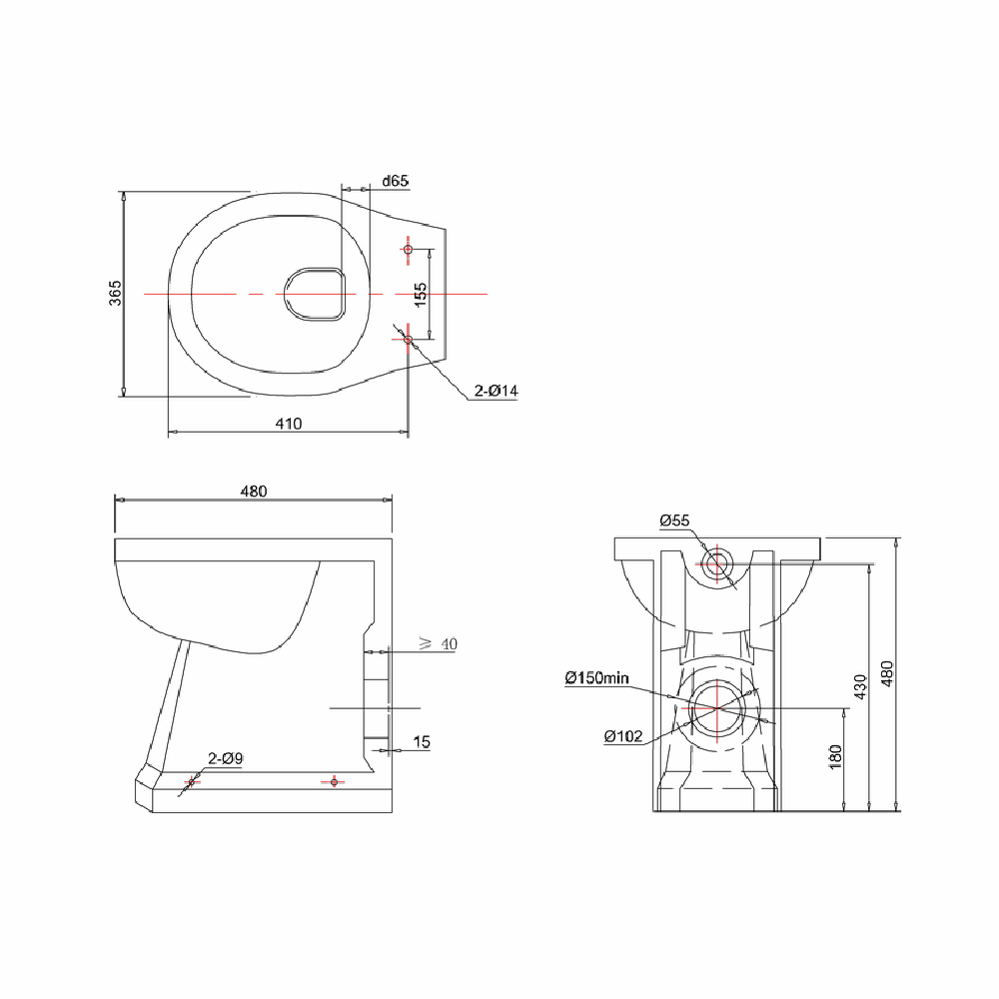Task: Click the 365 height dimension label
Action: pyautogui.click(x=116, y=293)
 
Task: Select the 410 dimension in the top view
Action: pyautogui.click(x=288, y=424)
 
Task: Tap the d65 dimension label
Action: pyautogui.click(x=396, y=181)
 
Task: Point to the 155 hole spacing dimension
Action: pyautogui.click(x=421, y=294)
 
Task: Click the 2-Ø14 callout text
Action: pyautogui.click(x=496, y=392)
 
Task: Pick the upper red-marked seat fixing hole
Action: pyautogui.click(x=408, y=249)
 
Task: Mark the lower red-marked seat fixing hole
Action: pyautogui.click(x=408, y=340)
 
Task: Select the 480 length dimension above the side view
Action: pyautogui.click(x=254, y=491)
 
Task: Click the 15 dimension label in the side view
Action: pyautogui.click(x=422, y=742)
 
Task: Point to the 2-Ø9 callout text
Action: pyautogui.click(x=225, y=759)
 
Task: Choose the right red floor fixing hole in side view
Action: pyautogui.click(x=334, y=781)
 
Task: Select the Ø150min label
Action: pyautogui.click(x=596, y=678)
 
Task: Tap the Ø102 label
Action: pyautogui.click(x=622, y=736)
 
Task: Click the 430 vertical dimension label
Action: pyautogui.click(x=861, y=687)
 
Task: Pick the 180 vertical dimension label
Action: pyautogui.click(x=836, y=756)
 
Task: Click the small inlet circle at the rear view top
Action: pyautogui.click(x=716, y=563)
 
